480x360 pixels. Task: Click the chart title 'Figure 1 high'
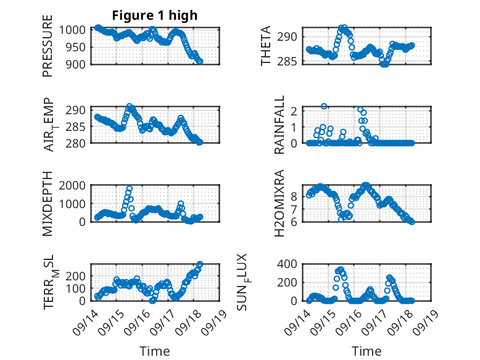pos(155,15)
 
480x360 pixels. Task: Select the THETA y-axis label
pos(266,47)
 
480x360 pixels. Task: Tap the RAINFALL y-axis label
pos(279,125)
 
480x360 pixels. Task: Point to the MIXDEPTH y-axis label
pos(48,204)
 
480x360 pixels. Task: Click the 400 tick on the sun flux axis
pos(290,264)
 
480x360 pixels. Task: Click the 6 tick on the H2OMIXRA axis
pos(295,222)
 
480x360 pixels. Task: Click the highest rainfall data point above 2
pos(324,106)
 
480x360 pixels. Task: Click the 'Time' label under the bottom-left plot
pos(155,351)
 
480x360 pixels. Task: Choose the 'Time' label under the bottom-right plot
pos(367,351)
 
